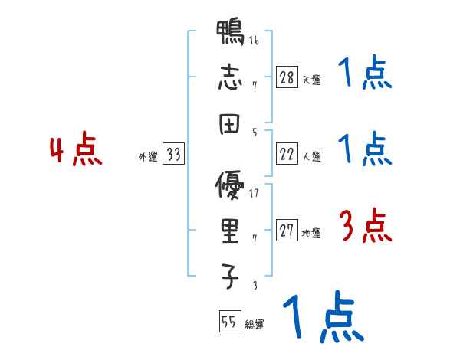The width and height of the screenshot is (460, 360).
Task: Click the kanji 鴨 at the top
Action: point(230,34)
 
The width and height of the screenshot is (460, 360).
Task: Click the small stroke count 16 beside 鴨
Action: point(254,41)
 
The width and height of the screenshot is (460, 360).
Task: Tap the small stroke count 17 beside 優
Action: point(254,192)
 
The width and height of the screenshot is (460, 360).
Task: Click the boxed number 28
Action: point(287,77)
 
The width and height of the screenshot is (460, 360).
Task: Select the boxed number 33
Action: point(173,155)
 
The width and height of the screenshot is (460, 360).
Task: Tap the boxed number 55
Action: point(228,322)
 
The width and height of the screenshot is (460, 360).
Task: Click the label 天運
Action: point(311,80)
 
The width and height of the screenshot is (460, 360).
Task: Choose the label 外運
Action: point(147,157)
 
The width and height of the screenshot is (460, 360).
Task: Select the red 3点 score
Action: point(366,226)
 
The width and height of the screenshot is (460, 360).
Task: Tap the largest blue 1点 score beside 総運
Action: point(323,317)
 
